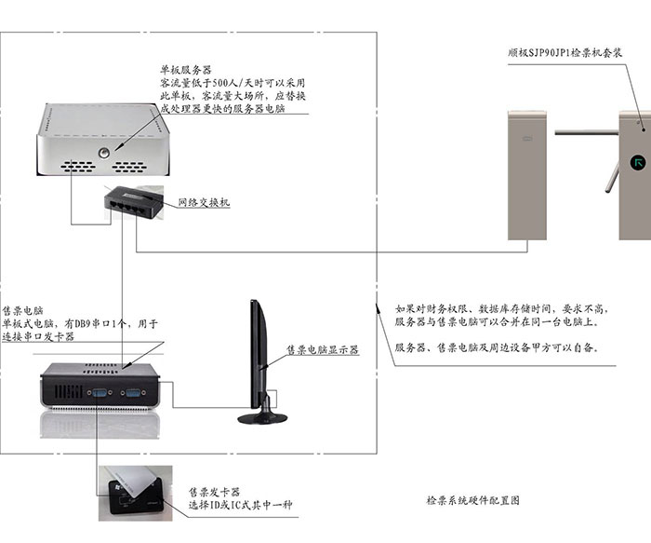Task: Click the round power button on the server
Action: tap(104, 153)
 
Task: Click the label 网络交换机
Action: tap(204, 202)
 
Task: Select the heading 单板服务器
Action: tap(186, 70)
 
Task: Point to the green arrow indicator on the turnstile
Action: tap(637, 162)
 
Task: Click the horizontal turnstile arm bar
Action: tap(587, 132)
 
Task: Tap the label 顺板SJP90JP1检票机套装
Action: tap(565, 53)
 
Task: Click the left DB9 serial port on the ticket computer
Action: tap(100, 392)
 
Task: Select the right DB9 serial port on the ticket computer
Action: tap(132, 392)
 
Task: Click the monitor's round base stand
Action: tap(262, 418)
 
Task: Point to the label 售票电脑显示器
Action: tap(323, 349)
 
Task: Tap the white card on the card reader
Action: tap(130, 482)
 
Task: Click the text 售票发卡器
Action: tap(214, 493)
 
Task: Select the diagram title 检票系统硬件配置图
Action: tap(472, 500)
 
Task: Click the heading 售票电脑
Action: tap(23, 310)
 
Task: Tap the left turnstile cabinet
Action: tap(527, 175)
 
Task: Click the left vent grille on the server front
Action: tap(78, 167)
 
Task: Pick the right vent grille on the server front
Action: tap(129, 167)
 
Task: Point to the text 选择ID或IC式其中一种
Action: tap(241, 505)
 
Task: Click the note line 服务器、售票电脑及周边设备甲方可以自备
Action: tap(497, 347)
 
